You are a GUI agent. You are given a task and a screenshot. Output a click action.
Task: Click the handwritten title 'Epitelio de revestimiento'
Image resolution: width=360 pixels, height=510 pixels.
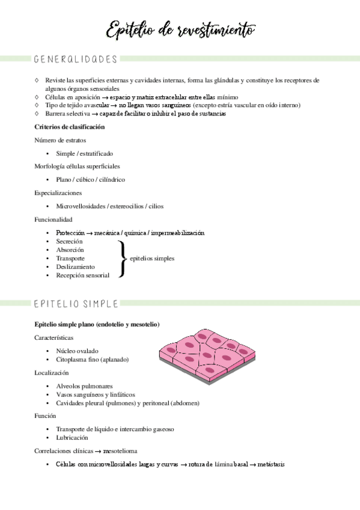pos(180,29)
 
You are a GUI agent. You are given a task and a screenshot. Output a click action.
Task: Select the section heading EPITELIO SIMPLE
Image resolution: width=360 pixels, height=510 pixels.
pos(76,303)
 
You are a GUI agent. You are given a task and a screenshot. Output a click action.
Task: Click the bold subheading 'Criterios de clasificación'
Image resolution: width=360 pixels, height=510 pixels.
pos(70,127)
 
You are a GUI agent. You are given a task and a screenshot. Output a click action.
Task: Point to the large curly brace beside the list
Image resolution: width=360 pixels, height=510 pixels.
pos(122,258)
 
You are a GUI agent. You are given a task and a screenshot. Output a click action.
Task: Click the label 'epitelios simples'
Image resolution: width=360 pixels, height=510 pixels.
pos(152,258)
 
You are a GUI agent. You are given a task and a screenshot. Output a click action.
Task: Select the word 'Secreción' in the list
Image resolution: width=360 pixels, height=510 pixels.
pos(69,241)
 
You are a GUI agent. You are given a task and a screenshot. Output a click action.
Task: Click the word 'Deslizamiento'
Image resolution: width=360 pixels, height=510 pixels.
pos(75,266)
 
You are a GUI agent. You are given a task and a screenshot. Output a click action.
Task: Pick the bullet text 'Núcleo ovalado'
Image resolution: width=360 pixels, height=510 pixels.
pos(77,351)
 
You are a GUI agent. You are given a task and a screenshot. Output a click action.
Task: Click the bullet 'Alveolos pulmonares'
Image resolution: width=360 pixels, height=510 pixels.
pos(84,386)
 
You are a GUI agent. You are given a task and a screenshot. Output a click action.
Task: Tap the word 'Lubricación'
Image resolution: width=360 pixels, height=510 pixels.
pos(73,438)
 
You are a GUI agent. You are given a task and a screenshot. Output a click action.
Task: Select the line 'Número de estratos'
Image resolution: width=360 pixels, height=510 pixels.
pos(61,140)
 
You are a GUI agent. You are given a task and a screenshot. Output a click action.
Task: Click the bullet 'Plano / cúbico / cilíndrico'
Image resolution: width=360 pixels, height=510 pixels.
pos(90,179)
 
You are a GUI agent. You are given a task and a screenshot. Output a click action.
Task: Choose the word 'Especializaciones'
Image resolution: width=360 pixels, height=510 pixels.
pos(58,193)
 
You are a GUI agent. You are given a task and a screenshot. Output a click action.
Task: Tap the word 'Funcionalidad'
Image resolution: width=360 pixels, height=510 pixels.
pos(53,220)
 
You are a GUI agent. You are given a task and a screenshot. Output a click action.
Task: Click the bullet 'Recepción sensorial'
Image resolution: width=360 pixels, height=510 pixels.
pos(83,275)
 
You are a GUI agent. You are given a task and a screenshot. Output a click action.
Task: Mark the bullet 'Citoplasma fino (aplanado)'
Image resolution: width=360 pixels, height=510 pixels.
pos(93,360)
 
